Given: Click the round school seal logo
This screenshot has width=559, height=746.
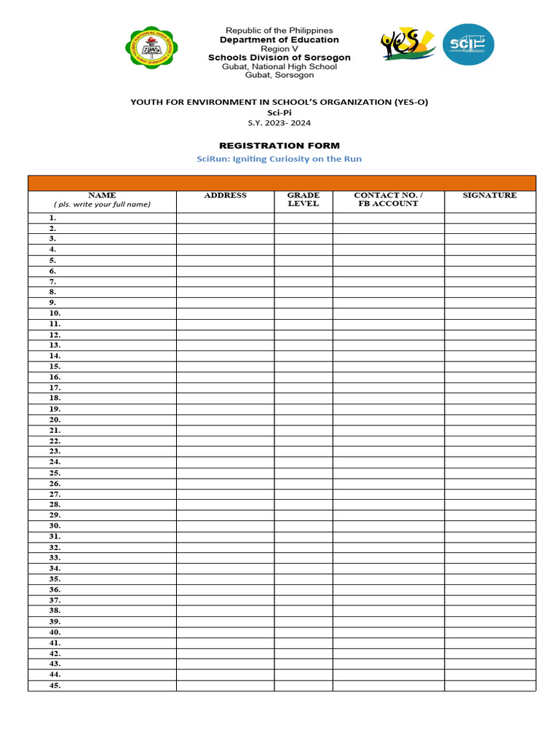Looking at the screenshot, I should [152, 47].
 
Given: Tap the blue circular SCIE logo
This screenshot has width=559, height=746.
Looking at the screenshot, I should [468, 44].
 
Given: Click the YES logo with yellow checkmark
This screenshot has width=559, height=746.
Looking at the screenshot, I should [408, 45].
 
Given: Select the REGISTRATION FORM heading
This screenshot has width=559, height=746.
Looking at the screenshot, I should [279, 146].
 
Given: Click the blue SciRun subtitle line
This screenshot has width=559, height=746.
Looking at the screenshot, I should [279, 159].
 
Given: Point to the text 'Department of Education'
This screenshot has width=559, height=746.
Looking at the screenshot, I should [279, 40].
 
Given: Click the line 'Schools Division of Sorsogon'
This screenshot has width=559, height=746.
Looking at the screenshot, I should [279, 58].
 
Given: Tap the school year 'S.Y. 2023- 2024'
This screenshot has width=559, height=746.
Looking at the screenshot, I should [279, 123].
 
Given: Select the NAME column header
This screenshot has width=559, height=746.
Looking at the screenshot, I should [102, 195].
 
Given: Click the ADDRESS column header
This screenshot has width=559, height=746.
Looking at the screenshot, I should [225, 195].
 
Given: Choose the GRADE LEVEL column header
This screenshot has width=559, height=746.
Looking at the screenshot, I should [304, 199].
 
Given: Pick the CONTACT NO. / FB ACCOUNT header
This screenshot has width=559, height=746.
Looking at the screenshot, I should [388, 199].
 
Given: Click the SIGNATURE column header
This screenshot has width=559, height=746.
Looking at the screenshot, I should [490, 195].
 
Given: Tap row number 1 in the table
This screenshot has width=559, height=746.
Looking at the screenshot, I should [53, 218].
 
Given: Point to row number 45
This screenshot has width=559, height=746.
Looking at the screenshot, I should [55, 686].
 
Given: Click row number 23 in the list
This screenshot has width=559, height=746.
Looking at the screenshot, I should [55, 452].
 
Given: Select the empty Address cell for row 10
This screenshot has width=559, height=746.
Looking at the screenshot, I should [225, 313].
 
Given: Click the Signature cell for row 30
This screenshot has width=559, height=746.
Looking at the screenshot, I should [490, 526].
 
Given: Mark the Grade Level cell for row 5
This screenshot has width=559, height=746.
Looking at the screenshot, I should [304, 260].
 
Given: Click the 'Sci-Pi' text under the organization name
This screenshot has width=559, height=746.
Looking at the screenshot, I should [279, 113].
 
